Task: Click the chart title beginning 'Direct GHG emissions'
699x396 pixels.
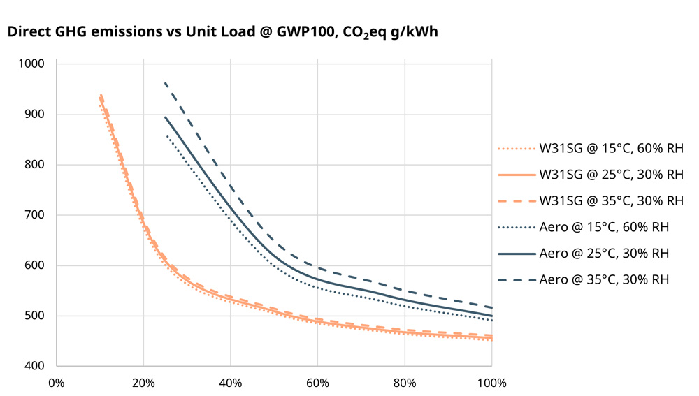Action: coord(222,32)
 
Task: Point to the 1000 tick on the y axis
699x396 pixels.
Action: coord(32,64)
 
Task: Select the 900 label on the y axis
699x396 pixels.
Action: coord(35,115)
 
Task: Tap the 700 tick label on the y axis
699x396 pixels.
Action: coord(35,215)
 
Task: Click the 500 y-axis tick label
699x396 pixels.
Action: coord(35,316)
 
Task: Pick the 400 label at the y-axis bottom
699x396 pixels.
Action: coord(35,366)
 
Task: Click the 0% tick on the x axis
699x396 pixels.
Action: coord(57,383)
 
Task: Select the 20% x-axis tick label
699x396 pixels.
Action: coord(143,383)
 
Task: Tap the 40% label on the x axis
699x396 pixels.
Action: coord(231,383)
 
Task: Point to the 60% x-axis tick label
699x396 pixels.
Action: coord(317,383)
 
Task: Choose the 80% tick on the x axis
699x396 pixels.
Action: coord(405,383)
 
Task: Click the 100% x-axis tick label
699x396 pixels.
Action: coord(491,383)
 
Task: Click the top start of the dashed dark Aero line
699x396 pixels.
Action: coord(165,83)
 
